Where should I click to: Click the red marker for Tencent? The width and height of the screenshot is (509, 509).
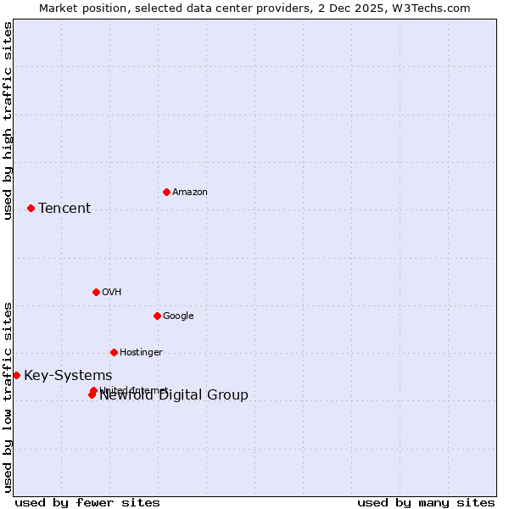click(31, 208)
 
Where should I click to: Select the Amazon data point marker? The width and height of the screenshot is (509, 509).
click(166, 192)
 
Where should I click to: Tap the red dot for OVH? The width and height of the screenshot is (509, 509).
click(96, 292)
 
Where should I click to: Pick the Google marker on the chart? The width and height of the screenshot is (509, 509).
click(157, 316)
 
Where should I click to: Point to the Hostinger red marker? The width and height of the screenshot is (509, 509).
click(114, 352)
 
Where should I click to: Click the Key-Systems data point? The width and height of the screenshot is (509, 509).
click(16, 375)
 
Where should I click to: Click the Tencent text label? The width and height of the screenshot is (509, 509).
click(64, 209)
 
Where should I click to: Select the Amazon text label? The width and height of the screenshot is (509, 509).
click(190, 193)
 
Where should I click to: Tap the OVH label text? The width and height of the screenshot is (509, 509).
click(111, 293)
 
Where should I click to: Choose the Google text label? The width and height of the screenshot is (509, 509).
click(178, 316)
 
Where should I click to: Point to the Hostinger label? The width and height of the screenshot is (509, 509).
click(141, 353)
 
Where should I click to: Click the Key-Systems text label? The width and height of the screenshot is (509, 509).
click(68, 376)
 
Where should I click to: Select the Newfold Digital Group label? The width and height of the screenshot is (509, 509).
click(174, 395)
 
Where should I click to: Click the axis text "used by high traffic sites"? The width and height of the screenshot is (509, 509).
click(8, 120)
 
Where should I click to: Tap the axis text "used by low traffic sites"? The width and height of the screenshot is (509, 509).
click(8, 397)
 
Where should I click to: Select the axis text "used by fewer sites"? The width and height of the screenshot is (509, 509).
click(87, 503)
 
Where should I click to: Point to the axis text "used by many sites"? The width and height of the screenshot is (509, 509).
click(426, 503)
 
